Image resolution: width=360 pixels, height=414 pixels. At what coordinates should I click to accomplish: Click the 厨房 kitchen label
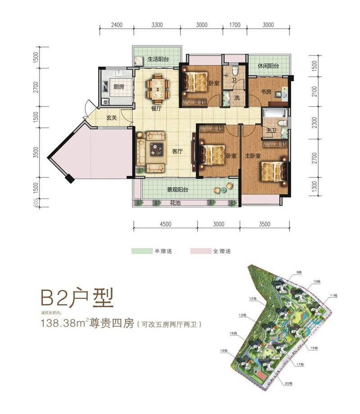118,87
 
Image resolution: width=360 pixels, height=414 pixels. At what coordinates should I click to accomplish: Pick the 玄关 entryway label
112,119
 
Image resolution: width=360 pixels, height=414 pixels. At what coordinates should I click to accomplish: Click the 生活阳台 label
158,59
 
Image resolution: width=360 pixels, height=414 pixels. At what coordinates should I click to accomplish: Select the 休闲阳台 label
268,66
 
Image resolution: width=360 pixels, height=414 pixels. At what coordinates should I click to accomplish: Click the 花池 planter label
175,204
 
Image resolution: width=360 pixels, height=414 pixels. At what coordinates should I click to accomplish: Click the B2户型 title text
76,297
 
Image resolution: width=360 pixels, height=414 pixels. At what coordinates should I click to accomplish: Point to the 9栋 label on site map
299,273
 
